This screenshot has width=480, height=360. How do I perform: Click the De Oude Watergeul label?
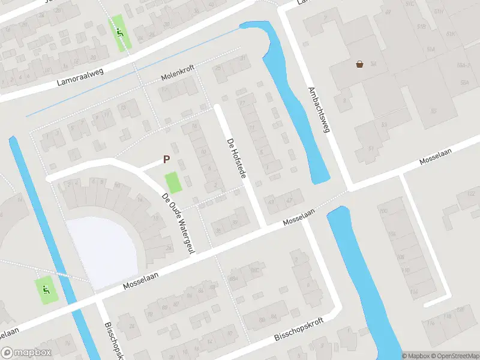179,223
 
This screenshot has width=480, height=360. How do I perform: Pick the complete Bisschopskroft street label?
298,329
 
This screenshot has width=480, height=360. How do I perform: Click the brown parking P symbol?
166,160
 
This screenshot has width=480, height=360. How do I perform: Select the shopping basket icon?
359,64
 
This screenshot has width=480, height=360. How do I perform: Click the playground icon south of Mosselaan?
46,290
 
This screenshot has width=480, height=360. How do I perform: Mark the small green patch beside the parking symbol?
173,182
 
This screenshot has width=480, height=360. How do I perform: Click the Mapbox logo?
25,353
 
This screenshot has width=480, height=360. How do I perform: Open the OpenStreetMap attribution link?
454,356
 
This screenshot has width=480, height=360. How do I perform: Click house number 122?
470,193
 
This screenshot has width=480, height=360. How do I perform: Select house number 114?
413,291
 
